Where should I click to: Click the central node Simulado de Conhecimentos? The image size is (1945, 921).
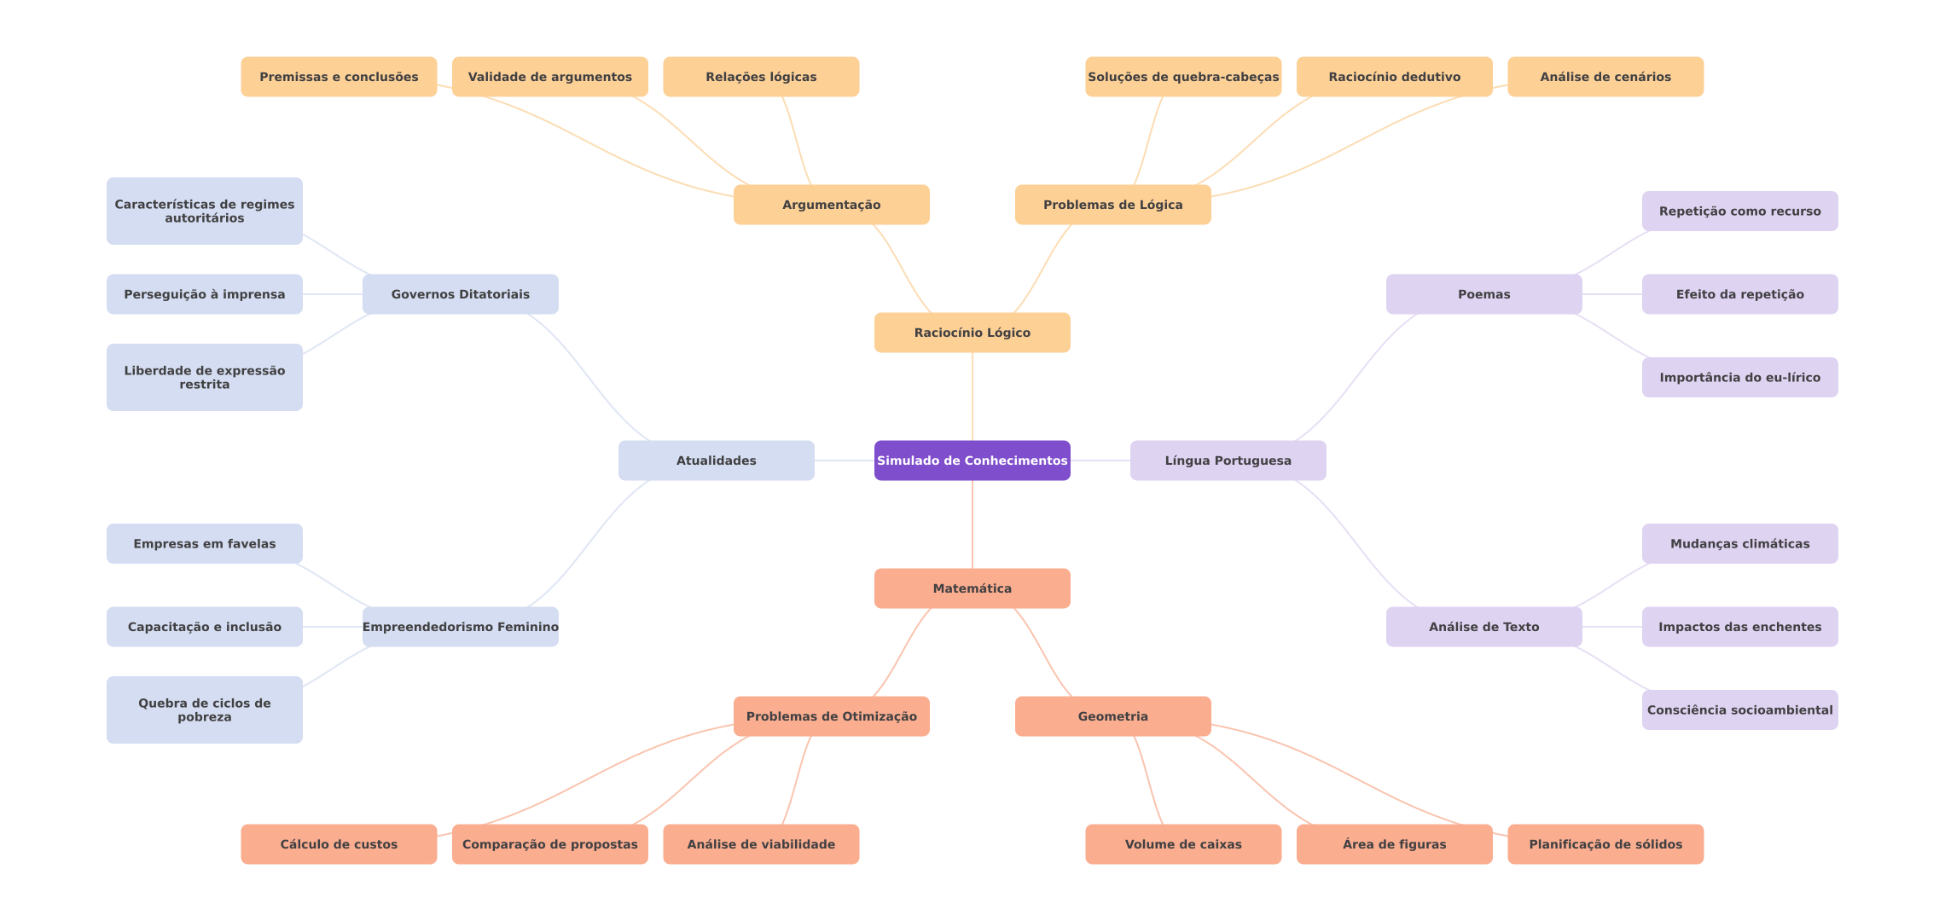click(x=972, y=460)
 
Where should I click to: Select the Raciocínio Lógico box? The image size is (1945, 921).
click(x=972, y=333)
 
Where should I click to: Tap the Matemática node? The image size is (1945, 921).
click(x=972, y=588)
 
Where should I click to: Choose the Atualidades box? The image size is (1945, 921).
click(x=717, y=460)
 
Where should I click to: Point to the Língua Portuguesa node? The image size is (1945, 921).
click(x=1228, y=460)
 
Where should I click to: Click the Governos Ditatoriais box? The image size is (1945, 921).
click(x=461, y=294)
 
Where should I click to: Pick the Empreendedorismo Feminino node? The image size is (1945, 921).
click(x=461, y=627)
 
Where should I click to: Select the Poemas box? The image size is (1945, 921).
click(x=1484, y=294)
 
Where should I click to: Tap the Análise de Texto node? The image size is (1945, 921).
click(x=1484, y=627)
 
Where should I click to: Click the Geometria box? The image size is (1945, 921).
click(x=1113, y=716)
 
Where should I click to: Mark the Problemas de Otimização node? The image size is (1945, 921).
click(x=832, y=716)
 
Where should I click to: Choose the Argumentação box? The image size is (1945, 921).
click(x=832, y=205)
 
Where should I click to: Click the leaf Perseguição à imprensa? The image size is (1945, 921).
click(x=205, y=294)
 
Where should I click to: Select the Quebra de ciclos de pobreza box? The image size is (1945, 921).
click(x=205, y=710)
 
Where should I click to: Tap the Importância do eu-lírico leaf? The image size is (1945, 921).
click(x=1740, y=377)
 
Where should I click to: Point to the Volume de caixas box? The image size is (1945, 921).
click(x=1183, y=844)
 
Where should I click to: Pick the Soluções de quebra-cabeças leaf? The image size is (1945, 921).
click(x=1183, y=77)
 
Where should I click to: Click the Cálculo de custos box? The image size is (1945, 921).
click(x=339, y=844)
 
